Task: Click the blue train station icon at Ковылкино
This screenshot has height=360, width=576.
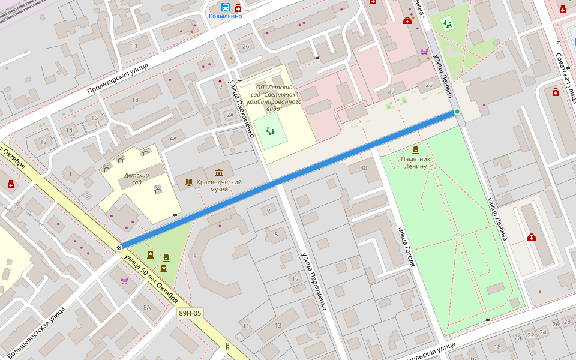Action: click(x=225, y=7)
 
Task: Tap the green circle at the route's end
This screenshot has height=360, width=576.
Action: click(x=457, y=112)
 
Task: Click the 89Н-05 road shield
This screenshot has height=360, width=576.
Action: click(x=190, y=313)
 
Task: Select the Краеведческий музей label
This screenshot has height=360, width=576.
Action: click(x=219, y=185)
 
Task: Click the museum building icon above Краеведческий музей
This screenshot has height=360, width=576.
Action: click(x=219, y=173)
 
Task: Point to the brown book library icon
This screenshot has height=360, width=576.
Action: click(x=189, y=182)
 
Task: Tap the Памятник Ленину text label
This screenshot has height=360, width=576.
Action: click(x=415, y=163)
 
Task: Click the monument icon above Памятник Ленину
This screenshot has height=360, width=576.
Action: click(x=415, y=150)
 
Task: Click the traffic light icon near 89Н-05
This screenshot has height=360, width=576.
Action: click(x=227, y=346)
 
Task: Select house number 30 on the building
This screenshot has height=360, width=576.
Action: click(x=363, y=168)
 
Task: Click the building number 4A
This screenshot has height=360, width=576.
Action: click(x=173, y=139)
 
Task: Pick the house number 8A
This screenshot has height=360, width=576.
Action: click(x=147, y=307)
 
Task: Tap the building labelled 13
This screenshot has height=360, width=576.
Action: click(x=278, y=325)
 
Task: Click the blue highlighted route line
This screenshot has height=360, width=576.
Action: click(x=288, y=179)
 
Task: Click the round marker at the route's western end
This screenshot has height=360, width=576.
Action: click(x=119, y=247)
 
